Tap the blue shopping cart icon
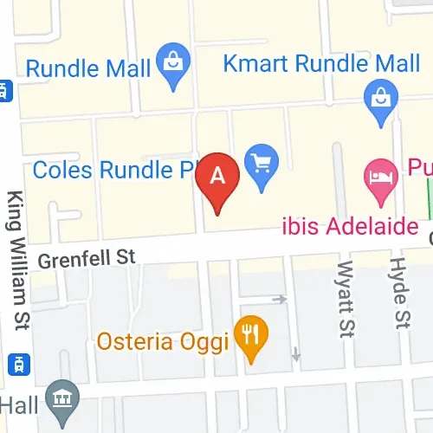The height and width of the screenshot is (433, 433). (x=262, y=163)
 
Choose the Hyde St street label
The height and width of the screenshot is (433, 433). (x=399, y=293)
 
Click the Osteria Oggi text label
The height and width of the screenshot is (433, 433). (x=164, y=339)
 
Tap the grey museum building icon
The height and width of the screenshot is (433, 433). (x=62, y=397)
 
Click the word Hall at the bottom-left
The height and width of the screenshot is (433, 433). (x=21, y=405)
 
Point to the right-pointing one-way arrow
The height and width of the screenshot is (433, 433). (x=279, y=300)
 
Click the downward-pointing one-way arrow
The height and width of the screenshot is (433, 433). (x=296, y=353)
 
